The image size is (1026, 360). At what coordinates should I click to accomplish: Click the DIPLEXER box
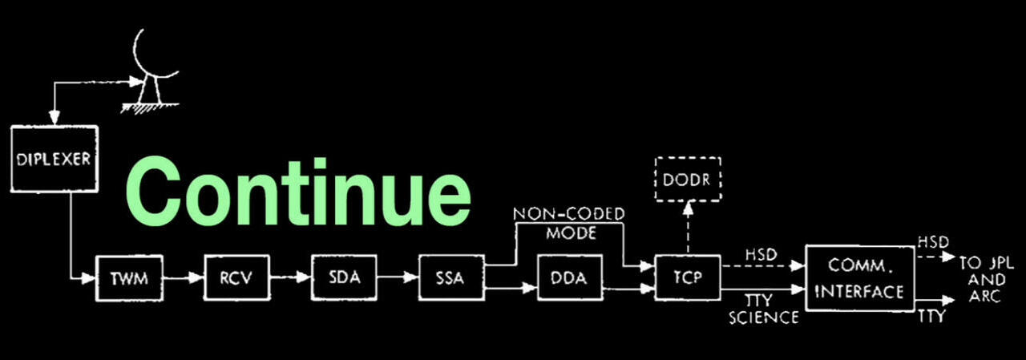pyautogui.click(x=54, y=159)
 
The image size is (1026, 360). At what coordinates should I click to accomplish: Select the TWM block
pyautogui.click(x=127, y=279)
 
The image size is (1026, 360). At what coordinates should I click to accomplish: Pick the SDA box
pyautogui.click(x=339, y=278)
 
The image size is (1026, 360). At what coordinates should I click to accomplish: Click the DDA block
pyautogui.click(x=570, y=278)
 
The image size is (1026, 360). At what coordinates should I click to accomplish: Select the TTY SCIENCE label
pyautogui.click(x=762, y=309)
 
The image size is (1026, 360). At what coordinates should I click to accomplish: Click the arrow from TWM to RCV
pyautogui.click(x=180, y=279)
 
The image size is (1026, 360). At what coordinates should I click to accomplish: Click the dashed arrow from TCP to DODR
pyautogui.click(x=688, y=229)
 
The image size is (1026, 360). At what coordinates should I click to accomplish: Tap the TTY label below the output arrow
pyautogui.click(x=932, y=317)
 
